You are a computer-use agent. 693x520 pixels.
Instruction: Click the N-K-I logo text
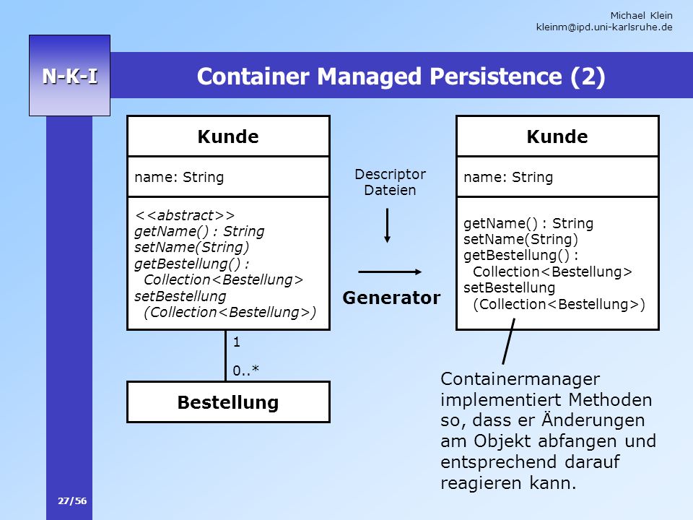point(70,76)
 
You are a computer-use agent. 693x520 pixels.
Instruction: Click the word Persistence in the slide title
point(496,76)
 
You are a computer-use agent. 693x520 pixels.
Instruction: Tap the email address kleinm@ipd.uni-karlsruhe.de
point(604,27)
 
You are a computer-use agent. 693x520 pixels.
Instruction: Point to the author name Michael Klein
point(641,15)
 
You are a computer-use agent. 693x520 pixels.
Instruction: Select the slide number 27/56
point(72,501)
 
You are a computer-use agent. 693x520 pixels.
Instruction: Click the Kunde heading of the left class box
point(228,136)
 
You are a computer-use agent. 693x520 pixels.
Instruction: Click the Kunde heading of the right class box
point(557,136)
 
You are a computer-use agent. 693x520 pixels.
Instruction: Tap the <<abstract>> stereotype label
point(185,215)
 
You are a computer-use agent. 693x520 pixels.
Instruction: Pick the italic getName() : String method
point(199,231)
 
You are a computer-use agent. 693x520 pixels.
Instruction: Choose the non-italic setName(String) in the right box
point(520,239)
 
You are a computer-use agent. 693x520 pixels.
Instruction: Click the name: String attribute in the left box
point(179,177)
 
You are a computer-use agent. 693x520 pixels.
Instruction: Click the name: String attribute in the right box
point(508,177)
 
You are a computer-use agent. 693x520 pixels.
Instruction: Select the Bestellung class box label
point(228,402)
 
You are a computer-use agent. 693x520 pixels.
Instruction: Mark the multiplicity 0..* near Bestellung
point(245,370)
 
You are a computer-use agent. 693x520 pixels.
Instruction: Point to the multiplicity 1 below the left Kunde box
point(237,342)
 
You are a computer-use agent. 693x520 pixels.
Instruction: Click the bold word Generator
point(391,298)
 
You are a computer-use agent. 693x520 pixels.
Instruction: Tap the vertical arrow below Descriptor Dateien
point(387,225)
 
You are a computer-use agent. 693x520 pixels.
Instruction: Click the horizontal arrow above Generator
point(390,272)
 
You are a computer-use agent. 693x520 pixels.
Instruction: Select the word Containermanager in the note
point(520,379)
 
